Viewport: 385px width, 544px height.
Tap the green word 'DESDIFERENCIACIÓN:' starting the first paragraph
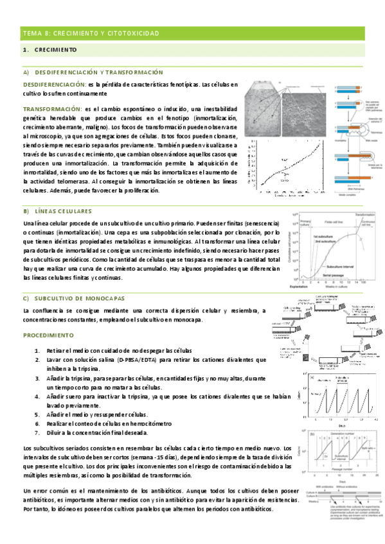pos(55,84)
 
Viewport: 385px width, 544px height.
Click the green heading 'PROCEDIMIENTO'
pos(48,335)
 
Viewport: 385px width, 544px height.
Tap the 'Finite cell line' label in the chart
pos(330,221)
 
